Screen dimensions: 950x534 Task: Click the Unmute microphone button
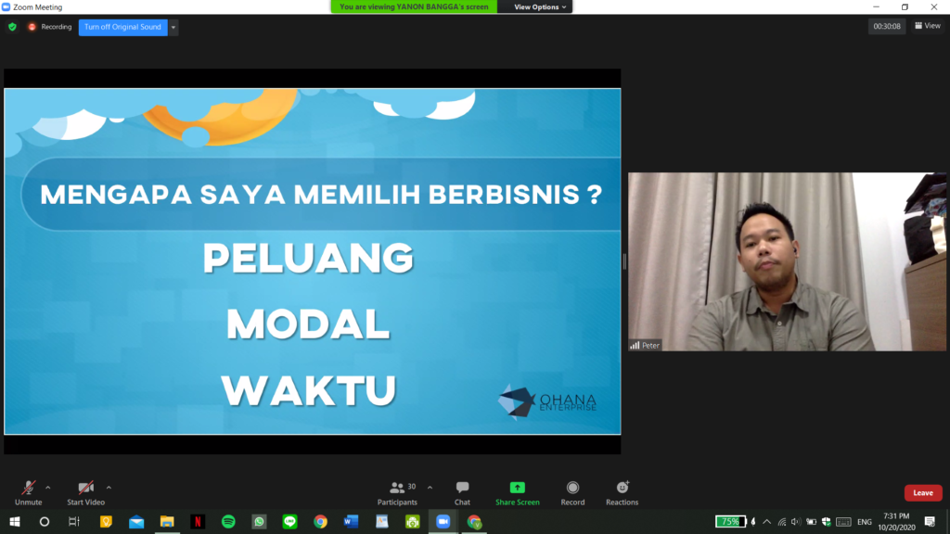[28, 493]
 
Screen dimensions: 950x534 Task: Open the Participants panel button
[397, 493]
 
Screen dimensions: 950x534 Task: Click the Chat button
[462, 493]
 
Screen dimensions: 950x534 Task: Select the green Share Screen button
[518, 493]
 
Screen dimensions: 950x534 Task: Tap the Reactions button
[623, 493]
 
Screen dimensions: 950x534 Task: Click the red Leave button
[923, 493]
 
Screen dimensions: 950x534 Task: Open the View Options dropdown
[540, 7]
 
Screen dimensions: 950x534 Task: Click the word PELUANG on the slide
[308, 258]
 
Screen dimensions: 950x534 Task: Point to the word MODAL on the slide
[308, 324]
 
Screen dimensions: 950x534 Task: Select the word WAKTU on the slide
[308, 390]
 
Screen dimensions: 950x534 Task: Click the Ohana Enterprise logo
[547, 401]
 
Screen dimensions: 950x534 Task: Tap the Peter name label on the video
[646, 346]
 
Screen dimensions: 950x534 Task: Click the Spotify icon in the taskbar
[228, 522]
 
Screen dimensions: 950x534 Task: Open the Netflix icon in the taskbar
[198, 522]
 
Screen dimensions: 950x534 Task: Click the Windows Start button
[15, 522]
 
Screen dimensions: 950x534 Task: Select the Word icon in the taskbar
[351, 522]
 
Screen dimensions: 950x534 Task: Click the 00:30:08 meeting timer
[887, 27]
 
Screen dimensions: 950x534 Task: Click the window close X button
[933, 7]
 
